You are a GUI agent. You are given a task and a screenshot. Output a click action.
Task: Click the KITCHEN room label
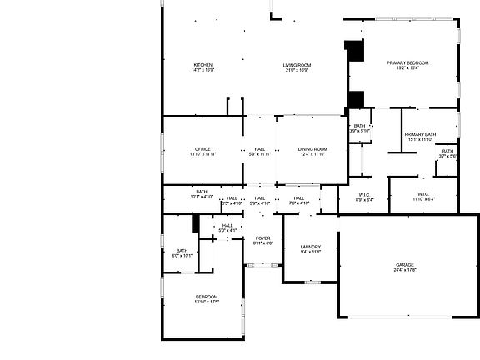click(x=203, y=65)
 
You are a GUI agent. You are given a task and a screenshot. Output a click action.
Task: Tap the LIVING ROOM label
click(x=297, y=65)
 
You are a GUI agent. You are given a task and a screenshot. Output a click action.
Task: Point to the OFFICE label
click(x=202, y=149)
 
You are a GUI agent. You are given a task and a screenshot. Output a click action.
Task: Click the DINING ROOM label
click(x=312, y=149)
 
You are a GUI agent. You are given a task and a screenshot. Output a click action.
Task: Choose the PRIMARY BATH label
click(x=420, y=134)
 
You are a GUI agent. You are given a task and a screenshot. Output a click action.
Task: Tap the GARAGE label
click(x=404, y=265)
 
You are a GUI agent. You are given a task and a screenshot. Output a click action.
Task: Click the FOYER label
click(x=262, y=238)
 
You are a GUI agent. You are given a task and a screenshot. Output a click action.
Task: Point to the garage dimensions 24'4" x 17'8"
click(x=404, y=270)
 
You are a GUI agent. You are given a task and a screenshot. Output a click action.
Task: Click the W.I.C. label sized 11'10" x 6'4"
click(x=422, y=195)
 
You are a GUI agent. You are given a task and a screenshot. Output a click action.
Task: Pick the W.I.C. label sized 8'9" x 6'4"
click(x=365, y=195)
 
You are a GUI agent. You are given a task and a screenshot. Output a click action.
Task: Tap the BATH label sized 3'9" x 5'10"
click(x=359, y=126)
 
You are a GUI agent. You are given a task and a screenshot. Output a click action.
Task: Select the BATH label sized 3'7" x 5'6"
click(x=447, y=151)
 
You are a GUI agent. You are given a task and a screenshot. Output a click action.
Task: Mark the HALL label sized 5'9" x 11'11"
click(x=261, y=149)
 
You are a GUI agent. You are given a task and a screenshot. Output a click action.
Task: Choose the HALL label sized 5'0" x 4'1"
click(x=227, y=225)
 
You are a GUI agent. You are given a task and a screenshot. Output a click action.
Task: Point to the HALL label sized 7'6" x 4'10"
click(x=298, y=197)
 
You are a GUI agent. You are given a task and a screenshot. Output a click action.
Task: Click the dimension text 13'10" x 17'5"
click(x=207, y=302)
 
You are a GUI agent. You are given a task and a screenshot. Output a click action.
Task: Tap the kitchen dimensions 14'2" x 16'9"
click(x=203, y=70)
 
